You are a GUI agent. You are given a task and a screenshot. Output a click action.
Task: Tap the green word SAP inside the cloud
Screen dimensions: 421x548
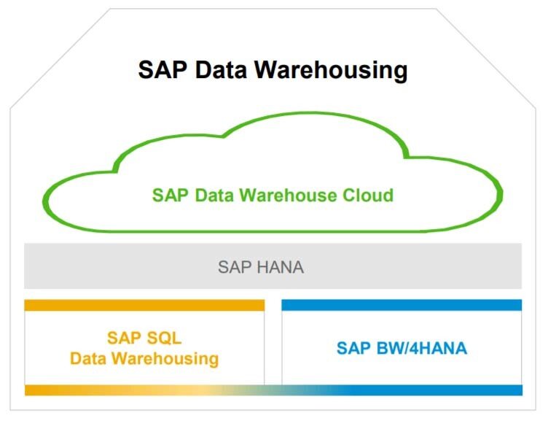(169, 196)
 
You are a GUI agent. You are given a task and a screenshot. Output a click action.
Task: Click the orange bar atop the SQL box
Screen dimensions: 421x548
(144, 305)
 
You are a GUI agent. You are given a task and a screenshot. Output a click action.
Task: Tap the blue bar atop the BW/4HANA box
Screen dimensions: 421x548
(402, 305)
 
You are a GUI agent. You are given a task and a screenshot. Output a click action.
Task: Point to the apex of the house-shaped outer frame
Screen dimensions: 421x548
(274, 9)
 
